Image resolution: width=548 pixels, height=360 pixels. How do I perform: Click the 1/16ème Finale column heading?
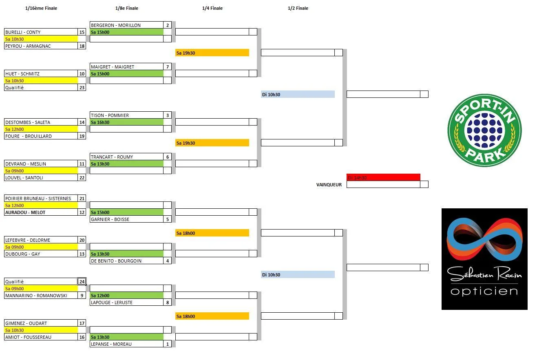[41, 8]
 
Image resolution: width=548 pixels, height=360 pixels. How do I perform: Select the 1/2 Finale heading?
[298, 8]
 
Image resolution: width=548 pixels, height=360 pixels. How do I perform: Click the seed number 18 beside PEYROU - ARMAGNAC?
[82, 46]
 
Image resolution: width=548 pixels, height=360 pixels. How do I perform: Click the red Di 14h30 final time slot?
[383, 178]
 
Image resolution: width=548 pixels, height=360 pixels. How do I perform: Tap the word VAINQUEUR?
[329, 185]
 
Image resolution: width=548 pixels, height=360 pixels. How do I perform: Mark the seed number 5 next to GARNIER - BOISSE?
[168, 219]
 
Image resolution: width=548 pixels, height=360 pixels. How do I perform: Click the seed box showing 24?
[82, 282]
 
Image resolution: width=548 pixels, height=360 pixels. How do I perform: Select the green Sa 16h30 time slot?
[126, 122]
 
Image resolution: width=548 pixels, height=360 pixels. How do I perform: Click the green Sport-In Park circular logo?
[484, 130]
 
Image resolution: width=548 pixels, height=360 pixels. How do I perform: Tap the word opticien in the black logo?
[484, 291]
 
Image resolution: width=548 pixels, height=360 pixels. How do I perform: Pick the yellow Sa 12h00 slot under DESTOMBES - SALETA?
[41, 129]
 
